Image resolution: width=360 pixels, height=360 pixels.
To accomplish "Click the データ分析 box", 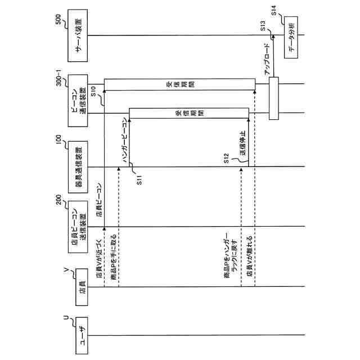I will (291, 36).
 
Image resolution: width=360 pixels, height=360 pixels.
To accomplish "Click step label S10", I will (94, 90).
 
